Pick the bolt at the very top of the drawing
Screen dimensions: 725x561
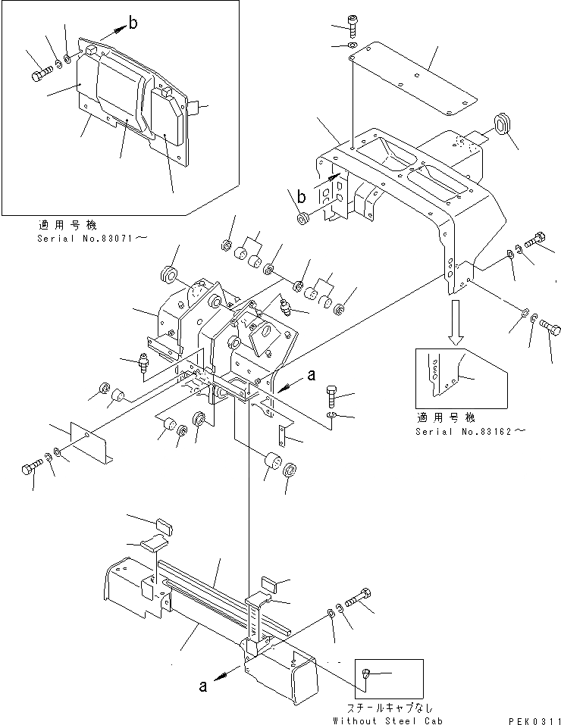tap(353, 25)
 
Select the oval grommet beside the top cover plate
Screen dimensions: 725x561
tap(502, 123)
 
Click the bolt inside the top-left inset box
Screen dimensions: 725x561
tap(42, 74)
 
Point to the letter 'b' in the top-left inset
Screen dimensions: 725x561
tap(133, 23)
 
